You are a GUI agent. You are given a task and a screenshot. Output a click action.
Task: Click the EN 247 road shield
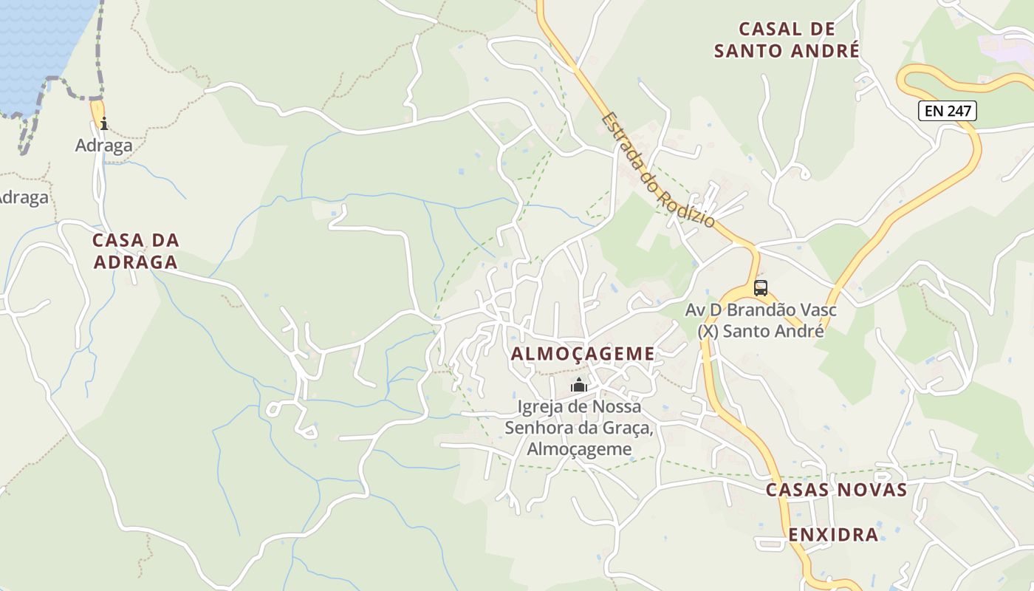(948, 111)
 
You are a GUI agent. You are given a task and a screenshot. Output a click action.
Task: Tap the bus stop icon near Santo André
(761, 287)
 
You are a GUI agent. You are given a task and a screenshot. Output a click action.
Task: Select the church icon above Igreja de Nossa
(579, 385)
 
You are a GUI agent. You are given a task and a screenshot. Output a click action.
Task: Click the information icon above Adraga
(104, 123)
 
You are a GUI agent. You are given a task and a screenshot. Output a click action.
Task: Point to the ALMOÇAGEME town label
(583, 354)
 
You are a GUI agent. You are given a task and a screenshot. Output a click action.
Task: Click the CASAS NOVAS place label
(836, 490)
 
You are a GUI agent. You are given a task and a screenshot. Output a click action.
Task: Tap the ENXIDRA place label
(833, 534)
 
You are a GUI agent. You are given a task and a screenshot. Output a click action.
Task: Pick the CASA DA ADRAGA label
(136, 250)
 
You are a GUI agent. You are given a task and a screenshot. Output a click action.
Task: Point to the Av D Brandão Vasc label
(761, 310)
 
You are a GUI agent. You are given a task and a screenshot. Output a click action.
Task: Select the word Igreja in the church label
(541, 406)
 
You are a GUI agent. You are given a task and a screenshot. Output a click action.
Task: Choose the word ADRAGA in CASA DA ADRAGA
(136, 262)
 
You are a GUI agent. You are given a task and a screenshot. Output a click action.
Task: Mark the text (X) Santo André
(761, 331)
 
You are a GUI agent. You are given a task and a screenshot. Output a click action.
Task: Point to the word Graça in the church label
(630, 428)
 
